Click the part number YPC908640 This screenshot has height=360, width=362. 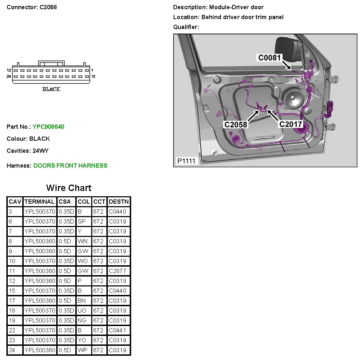48,127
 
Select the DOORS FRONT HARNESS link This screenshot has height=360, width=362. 70,166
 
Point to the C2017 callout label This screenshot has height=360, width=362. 291,124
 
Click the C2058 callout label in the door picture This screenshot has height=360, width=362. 236,124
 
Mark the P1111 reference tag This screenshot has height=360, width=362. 186,161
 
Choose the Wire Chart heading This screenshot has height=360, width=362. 69,188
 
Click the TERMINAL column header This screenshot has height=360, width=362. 40,202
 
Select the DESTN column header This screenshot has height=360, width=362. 119,202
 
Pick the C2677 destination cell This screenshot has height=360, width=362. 117,271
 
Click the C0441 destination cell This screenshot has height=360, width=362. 117,330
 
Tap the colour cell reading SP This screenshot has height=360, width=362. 82,221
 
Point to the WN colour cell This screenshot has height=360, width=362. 83,241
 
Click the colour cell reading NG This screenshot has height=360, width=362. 82,320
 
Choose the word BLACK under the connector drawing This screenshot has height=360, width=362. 51,89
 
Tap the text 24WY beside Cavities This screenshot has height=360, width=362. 41,151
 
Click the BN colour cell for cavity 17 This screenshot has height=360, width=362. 82,301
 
